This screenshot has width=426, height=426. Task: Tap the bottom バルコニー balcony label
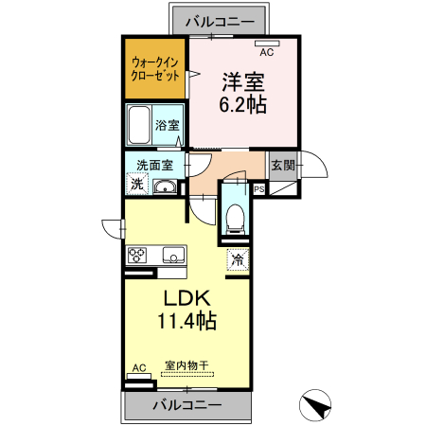click(x=188, y=404)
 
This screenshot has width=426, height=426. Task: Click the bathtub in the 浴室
click(x=138, y=124)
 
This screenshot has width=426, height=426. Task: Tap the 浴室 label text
click(x=167, y=125)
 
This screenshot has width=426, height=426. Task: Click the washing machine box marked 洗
click(x=136, y=185)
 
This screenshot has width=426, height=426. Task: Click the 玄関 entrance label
click(x=282, y=166)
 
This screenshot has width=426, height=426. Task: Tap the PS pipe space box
click(x=259, y=188)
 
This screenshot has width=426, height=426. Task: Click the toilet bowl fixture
click(x=236, y=219)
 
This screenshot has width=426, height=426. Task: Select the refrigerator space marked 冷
click(x=237, y=257)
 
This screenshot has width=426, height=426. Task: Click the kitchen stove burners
click(x=138, y=255)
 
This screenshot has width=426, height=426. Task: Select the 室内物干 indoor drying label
click(x=187, y=364)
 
